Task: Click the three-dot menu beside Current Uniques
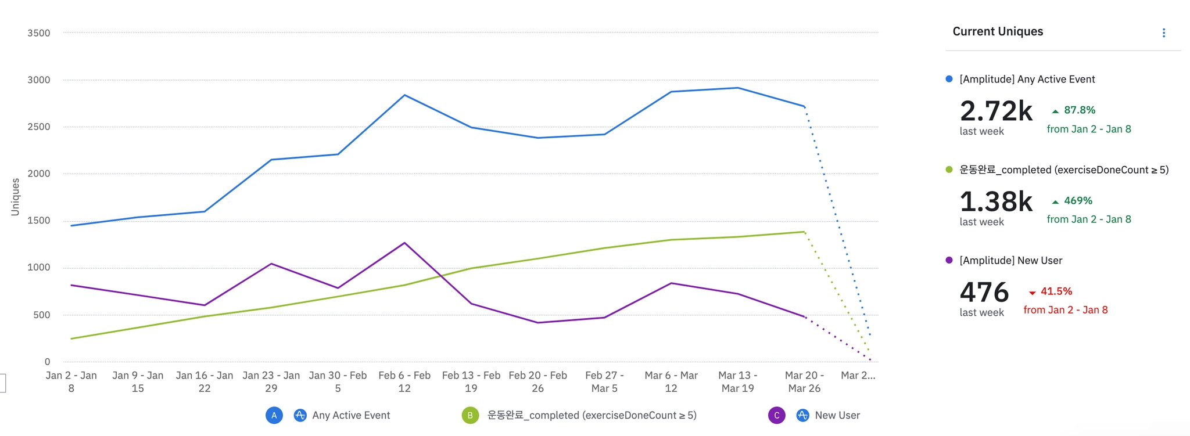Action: [x=1163, y=33]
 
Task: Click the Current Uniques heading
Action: [x=998, y=31]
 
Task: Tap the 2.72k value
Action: [x=996, y=111]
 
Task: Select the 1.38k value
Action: [x=996, y=201]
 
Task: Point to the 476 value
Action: [x=984, y=292]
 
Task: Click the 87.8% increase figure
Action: [x=1079, y=110]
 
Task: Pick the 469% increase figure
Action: [x=1078, y=200]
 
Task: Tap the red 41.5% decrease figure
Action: [x=1056, y=291]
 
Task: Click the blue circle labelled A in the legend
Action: [x=274, y=415]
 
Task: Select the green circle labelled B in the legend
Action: [x=470, y=415]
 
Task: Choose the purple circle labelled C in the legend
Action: [x=776, y=415]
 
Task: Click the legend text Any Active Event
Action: [x=351, y=415]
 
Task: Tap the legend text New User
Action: [x=837, y=415]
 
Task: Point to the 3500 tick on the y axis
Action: [x=39, y=33]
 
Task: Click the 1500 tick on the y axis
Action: [x=39, y=221]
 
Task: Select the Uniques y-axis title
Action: [x=15, y=197]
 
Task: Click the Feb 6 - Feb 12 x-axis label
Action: [x=404, y=381]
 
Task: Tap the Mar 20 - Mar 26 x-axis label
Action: [x=804, y=381]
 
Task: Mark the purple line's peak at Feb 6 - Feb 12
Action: [x=404, y=243]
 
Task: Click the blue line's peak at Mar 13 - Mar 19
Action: [x=738, y=88]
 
